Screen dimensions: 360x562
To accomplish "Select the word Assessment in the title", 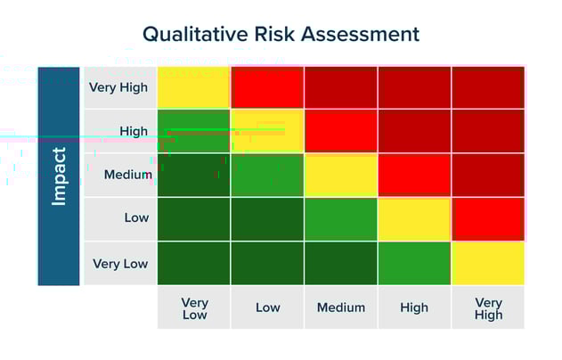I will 360,35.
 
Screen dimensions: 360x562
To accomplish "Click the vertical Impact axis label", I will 59,176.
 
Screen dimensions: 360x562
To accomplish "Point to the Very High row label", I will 118,87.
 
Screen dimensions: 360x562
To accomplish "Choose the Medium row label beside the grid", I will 127,175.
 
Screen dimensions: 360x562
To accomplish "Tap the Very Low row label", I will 120,264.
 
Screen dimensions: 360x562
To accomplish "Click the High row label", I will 134,131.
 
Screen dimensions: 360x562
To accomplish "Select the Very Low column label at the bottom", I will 194,308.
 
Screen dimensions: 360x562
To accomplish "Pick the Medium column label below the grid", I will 341,307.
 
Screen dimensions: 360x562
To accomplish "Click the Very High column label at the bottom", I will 488,308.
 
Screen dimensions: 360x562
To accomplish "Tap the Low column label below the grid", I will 267,307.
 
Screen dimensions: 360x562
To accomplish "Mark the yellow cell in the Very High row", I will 194,87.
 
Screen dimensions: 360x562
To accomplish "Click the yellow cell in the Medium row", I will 341,175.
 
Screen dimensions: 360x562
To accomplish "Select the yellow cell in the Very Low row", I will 488,263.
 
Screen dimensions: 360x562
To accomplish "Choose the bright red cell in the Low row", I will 488,219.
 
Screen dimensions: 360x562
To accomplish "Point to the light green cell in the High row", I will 194,131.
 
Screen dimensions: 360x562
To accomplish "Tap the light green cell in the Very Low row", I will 414,263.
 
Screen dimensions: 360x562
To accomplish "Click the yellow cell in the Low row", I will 414,219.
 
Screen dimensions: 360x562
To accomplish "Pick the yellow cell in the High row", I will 267,131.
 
